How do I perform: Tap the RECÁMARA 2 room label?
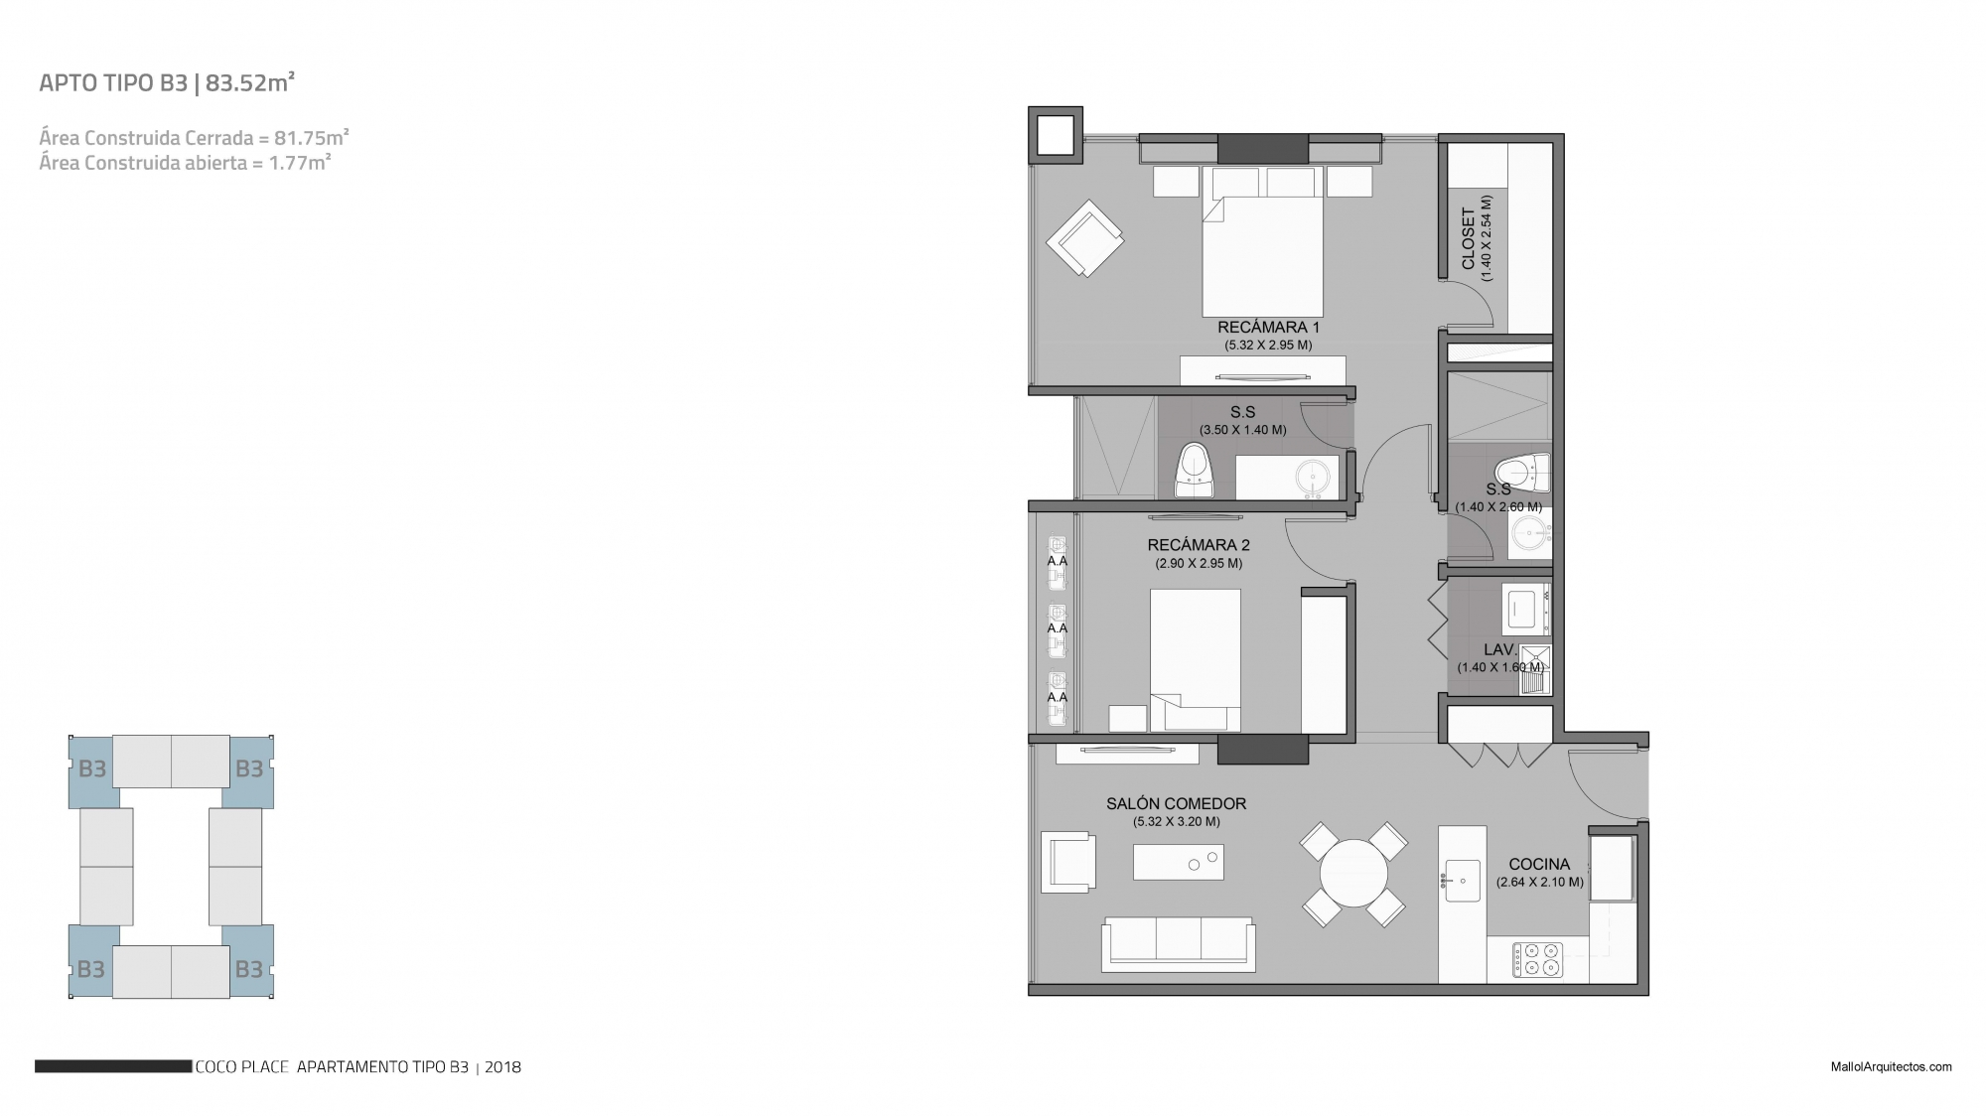point(1199,545)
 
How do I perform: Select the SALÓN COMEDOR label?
point(1177,804)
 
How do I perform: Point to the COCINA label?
point(1539,864)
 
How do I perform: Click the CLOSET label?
point(1469,238)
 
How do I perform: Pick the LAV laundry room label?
point(1498,650)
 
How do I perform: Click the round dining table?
point(1353,873)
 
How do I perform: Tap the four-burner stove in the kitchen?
point(1537,960)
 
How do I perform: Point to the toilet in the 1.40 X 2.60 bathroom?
point(1522,473)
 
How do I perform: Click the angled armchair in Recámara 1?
point(1084,238)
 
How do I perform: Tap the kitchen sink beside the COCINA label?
point(1462,880)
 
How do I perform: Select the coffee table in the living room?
point(1179,862)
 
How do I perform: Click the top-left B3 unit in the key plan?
point(92,769)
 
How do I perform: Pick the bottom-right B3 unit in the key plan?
point(248,968)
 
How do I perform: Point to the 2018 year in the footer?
point(503,1068)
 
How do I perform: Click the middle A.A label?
point(1058,628)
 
